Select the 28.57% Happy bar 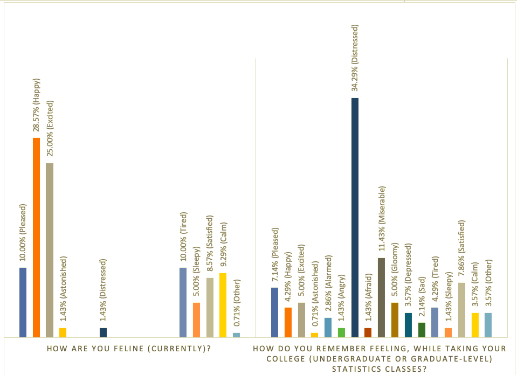36,237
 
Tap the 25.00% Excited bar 50,249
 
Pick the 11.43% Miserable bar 382,297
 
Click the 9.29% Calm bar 223,305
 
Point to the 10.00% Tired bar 183,302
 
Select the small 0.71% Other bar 236,335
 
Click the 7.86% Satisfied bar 461,310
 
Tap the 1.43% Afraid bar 368,332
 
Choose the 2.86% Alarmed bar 328,327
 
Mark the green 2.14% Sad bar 422,330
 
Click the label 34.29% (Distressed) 355,57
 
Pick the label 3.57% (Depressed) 408,276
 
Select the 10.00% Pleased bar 23,302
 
